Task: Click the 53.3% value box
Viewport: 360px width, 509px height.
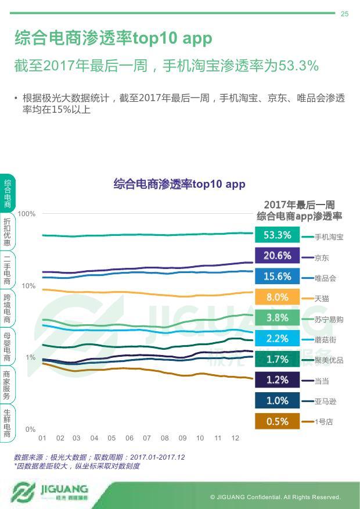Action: [277, 235]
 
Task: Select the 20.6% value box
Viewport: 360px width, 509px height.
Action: [277, 256]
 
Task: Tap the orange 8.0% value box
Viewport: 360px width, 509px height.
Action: [277, 297]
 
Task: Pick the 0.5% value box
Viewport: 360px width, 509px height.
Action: [277, 422]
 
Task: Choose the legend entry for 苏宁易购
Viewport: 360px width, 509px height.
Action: [329, 320]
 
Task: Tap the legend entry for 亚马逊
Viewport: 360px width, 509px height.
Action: [325, 402]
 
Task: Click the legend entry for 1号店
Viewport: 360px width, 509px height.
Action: [323, 422]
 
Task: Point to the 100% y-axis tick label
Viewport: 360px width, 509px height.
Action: [27, 214]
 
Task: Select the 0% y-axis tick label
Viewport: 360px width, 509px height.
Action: [30, 429]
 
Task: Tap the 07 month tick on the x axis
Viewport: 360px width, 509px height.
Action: [147, 438]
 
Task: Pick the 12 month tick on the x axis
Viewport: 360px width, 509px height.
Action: [235, 438]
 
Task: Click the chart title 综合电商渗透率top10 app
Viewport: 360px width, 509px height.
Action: [179, 184]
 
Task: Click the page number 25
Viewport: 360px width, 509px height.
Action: [344, 14]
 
